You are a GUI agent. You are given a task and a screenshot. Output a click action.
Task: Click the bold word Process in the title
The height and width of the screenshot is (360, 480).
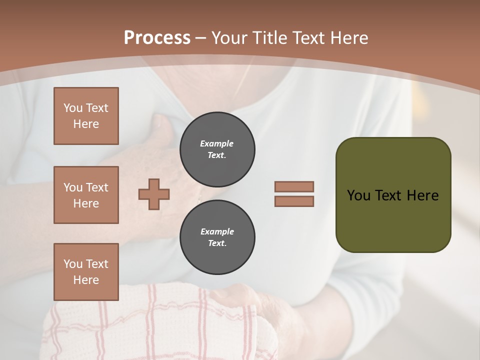coord(157,37)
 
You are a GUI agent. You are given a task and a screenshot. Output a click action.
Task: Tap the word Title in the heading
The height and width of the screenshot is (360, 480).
coord(272,38)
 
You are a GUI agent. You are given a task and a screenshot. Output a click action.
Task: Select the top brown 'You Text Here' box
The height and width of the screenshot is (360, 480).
coord(86,116)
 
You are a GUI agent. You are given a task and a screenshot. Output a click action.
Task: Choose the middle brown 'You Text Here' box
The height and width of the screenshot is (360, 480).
coord(86,195)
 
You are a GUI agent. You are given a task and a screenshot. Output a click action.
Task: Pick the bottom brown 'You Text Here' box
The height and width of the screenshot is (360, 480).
coord(86,272)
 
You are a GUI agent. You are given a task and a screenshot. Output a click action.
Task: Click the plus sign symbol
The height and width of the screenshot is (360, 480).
coord(154,194)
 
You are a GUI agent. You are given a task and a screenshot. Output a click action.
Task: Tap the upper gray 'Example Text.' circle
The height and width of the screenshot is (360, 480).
coord(217,149)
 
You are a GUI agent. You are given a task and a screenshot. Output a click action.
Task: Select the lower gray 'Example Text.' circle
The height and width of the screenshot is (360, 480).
coord(217,237)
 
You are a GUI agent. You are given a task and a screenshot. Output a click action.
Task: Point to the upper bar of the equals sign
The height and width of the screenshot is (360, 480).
coord(294,186)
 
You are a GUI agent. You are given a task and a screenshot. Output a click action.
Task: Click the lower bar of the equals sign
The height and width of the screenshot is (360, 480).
coord(294,201)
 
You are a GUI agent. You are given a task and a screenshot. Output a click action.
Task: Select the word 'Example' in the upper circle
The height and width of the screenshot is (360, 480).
coord(217,143)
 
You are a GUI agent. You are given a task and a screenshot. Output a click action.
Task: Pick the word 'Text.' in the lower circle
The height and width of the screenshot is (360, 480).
coord(217,243)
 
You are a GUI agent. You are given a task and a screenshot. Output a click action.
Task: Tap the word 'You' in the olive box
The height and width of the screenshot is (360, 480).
coord(358,195)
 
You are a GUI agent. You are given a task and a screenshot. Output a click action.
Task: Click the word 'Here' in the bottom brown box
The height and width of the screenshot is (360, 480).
coord(86,280)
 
